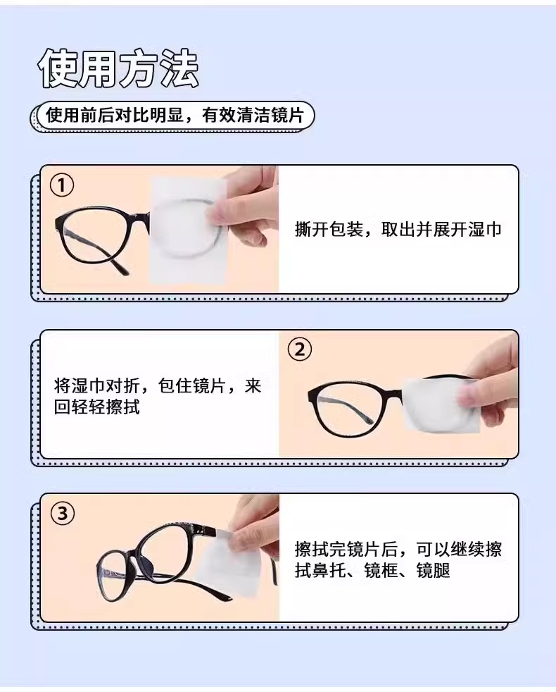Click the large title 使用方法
coord(118,69)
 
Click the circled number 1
coord(62,185)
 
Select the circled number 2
coord(299,350)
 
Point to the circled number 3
coord(63,514)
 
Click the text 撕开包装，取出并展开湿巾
coord(398,230)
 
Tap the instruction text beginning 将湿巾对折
coord(158,396)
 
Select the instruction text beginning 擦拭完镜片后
coord(398,560)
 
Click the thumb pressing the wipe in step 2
coord(471,394)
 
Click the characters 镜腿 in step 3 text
coord(433,571)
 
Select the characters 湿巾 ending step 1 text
coord(485,230)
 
